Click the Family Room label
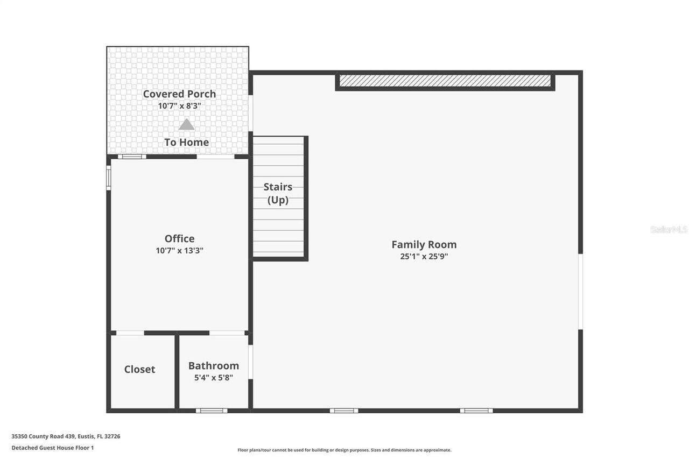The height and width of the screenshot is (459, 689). pos(424,244)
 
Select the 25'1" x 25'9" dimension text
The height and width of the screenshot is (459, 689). pos(424,257)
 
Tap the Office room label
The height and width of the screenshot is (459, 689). pos(179,238)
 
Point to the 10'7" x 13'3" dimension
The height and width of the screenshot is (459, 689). pos(179,250)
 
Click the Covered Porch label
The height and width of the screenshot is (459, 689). pos(179,94)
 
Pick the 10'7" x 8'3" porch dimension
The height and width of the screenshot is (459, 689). pos(179,106)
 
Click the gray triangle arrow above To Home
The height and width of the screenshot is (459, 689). pos(186,125)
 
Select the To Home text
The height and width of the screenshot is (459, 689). pos(186,142)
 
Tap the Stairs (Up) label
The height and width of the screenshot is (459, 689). pos(278,193)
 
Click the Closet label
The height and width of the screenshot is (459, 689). pos(139,369)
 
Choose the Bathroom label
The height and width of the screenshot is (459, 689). pos(213,365)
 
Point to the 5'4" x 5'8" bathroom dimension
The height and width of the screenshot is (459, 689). pos(213,378)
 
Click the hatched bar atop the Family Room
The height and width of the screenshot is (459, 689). pos(445,81)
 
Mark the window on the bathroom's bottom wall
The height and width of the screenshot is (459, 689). pos(211,411)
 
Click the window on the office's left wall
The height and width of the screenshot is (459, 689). pos(109,177)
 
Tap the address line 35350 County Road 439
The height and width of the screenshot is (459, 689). pos(66,436)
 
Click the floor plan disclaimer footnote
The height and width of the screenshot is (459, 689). pos(344,450)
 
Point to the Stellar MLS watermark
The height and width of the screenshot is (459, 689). pos(669,229)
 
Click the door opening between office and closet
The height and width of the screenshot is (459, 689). pos(130,333)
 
